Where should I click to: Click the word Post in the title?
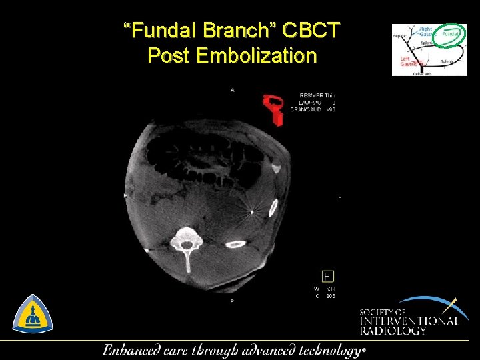(169, 55)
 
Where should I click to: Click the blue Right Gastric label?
(427, 31)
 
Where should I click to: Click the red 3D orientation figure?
(273, 108)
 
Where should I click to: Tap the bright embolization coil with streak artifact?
(252, 213)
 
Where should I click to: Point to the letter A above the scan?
(232, 90)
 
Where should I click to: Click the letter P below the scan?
(232, 302)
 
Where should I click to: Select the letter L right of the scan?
(339, 196)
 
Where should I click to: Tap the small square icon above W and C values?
(328, 275)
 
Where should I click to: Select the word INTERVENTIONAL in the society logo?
(409, 321)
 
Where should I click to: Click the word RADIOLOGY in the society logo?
(393, 331)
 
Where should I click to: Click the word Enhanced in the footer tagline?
(131, 349)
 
